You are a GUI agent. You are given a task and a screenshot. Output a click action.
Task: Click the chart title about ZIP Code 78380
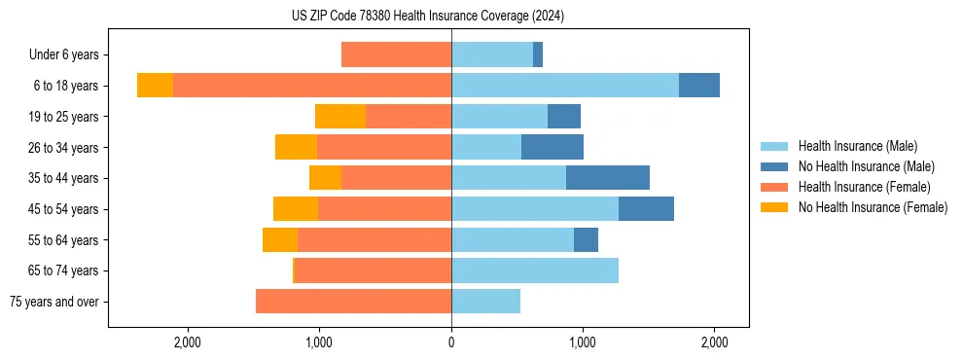pos(428,17)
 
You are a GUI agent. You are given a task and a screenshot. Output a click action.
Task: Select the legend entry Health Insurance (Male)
pos(857,146)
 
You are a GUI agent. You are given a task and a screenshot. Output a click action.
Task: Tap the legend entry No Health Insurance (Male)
pos(866,166)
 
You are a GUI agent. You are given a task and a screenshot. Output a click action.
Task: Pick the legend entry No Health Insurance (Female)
pos(873,207)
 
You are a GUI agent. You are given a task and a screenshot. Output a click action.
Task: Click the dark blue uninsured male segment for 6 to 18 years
pos(699,86)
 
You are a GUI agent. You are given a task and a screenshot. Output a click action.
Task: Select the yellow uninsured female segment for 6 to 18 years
pos(155,86)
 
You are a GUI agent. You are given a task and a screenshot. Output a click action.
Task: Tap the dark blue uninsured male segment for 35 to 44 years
pos(608,178)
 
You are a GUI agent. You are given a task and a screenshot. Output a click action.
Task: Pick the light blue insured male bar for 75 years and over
pos(485,302)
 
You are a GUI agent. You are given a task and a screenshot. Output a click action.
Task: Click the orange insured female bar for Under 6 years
pos(396,55)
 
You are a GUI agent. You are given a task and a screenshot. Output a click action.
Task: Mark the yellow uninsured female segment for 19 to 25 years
pos(340,117)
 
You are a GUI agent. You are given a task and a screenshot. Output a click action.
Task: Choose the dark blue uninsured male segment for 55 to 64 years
pos(586,240)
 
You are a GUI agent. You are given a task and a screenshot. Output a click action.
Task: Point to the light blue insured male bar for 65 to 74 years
pos(535,270)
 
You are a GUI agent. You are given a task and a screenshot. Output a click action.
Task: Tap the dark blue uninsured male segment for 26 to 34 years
pos(553,147)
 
